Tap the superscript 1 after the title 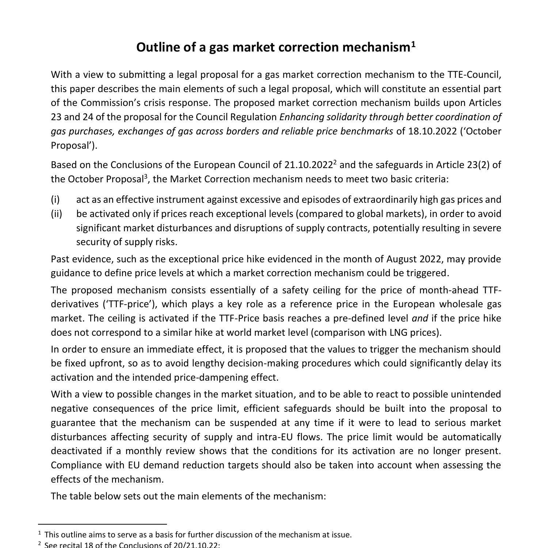coord(413,45)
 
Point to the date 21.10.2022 coord(308,165)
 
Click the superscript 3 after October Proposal coord(145,176)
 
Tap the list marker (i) coord(55,199)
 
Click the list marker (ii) coord(56,214)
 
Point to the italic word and coord(420,318)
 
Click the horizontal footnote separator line coord(102,524)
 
